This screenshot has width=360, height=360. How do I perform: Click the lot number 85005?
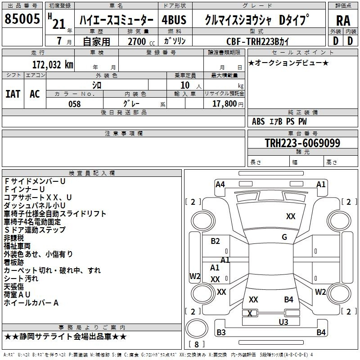click(22, 18)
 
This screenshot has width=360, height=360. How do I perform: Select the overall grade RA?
click(343, 21)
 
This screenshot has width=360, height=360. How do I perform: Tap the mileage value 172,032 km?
click(53, 64)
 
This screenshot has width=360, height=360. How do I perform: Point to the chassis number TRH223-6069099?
click(302, 143)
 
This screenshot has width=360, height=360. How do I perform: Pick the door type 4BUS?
click(174, 20)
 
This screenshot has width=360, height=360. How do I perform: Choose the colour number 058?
click(75, 104)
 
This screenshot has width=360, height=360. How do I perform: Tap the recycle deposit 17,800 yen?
click(228, 104)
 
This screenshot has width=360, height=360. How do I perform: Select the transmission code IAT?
click(13, 94)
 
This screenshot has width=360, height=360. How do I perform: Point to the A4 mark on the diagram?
click(220, 184)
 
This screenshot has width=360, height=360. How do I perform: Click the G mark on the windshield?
click(284, 237)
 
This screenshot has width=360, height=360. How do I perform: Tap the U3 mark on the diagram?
click(283, 322)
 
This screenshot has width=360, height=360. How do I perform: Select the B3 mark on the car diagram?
click(221, 332)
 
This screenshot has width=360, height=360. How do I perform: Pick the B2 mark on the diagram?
click(215, 241)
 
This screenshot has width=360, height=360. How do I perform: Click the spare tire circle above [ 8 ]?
click(197, 328)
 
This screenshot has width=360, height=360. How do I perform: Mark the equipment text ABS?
click(258, 121)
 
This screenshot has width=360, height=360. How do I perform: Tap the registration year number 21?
click(59, 24)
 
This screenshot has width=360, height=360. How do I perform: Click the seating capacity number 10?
click(185, 85)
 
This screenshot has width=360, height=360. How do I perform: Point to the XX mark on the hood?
click(291, 216)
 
